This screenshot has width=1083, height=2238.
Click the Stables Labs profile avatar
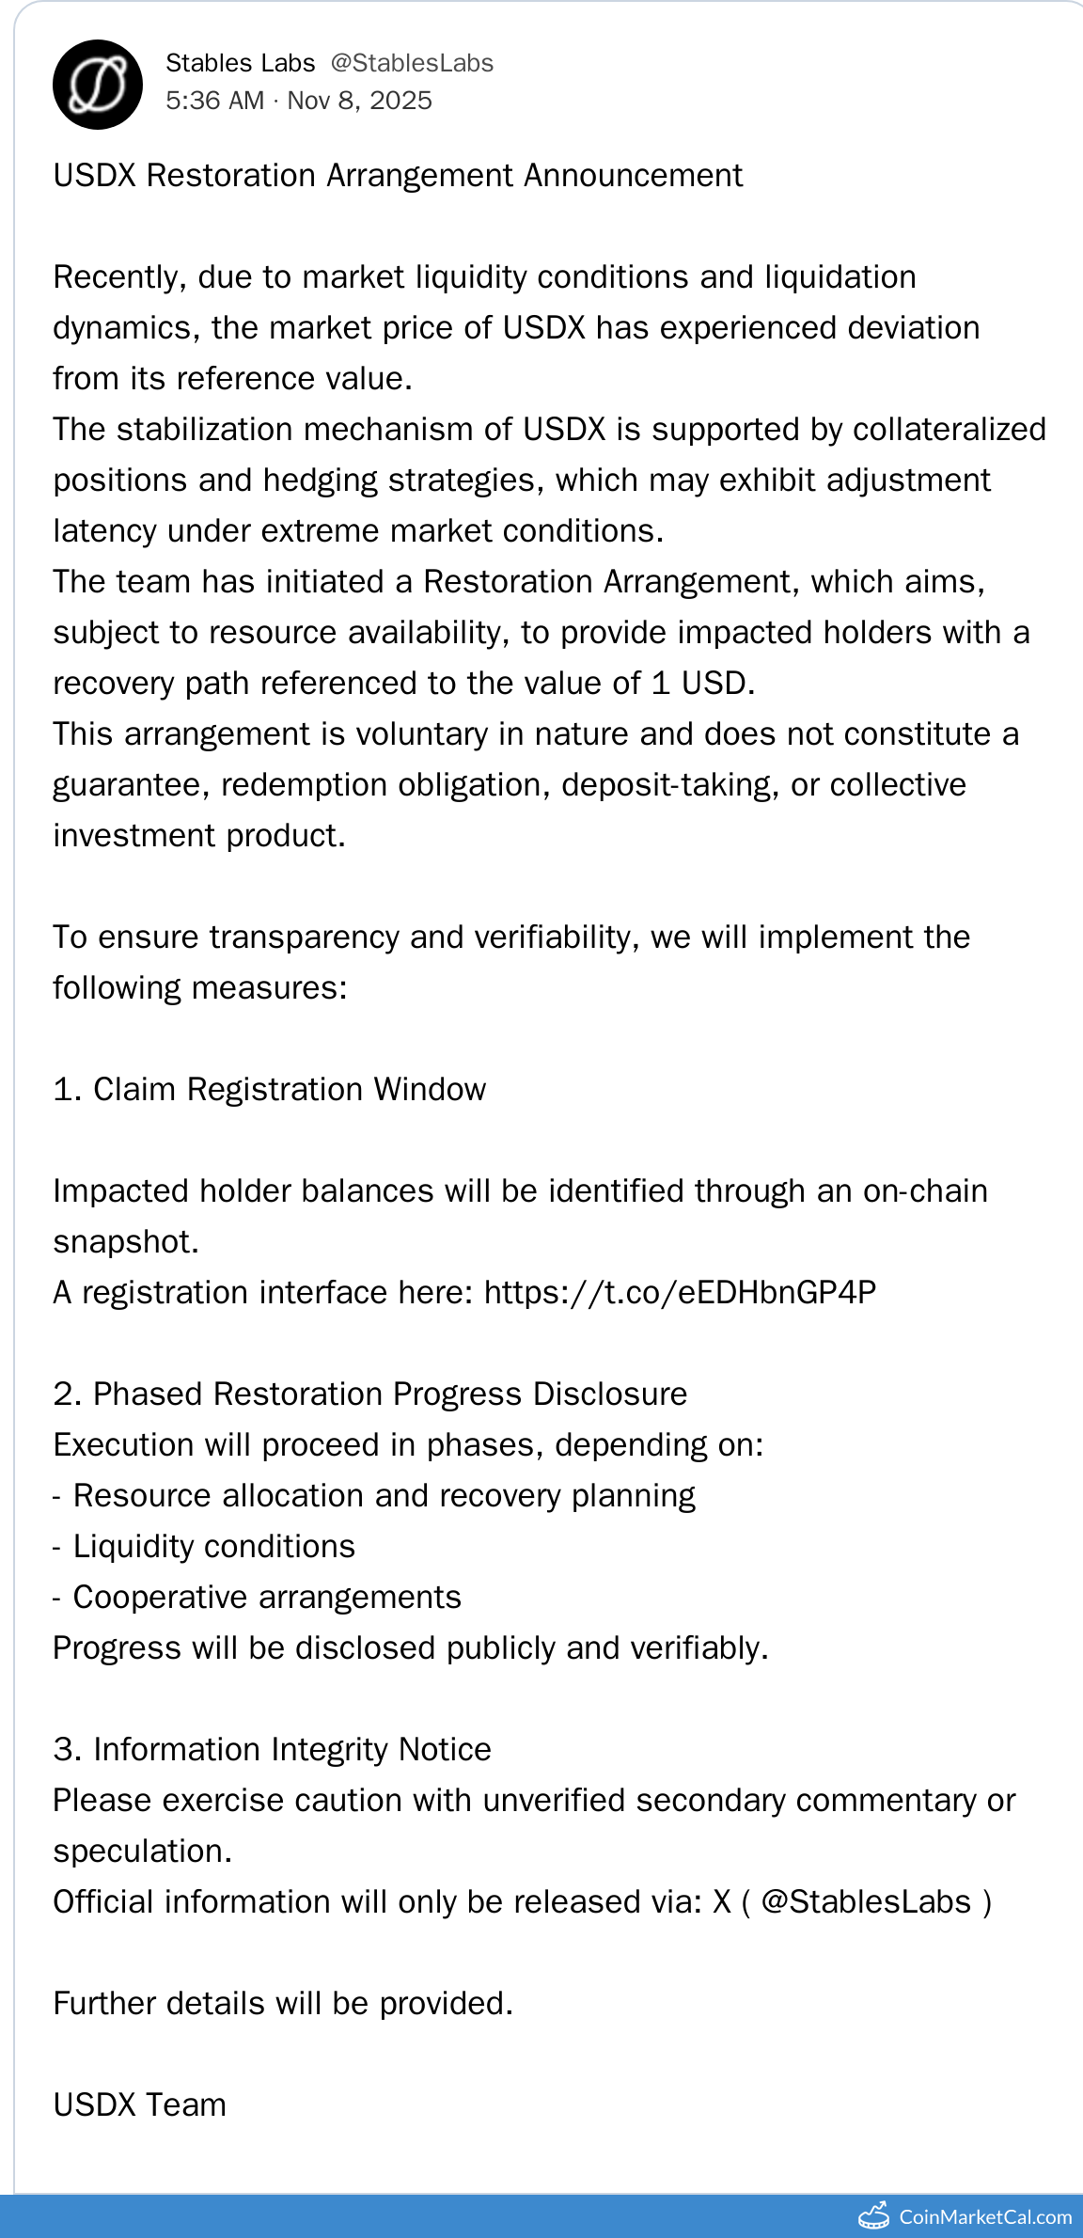point(98,85)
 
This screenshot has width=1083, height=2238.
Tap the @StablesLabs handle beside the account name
point(412,63)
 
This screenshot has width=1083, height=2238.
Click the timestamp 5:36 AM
point(215,101)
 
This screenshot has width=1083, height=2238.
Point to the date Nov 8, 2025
point(360,101)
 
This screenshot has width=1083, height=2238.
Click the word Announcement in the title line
point(633,176)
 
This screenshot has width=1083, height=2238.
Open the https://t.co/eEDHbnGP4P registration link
point(680,1293)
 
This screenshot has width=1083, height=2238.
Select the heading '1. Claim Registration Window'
point(270,1090)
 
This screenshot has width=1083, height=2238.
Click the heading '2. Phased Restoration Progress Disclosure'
point(370,1395)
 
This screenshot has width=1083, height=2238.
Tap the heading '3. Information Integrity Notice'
point(273,1750)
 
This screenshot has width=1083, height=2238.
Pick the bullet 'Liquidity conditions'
point(214,1547)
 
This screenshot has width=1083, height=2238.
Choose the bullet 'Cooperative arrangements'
point(267,1598)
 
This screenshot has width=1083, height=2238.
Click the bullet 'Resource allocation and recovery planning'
point(384,1496)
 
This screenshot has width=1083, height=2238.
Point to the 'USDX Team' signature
point(140,2105)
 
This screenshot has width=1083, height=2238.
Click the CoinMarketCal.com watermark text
point(984,2217)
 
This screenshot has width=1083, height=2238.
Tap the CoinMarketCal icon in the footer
point(874,2216)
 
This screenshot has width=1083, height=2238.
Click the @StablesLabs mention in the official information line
point(865,1902)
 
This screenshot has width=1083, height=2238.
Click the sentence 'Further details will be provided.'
point(283,2004)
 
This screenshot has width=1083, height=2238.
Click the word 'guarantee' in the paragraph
point(131,785)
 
